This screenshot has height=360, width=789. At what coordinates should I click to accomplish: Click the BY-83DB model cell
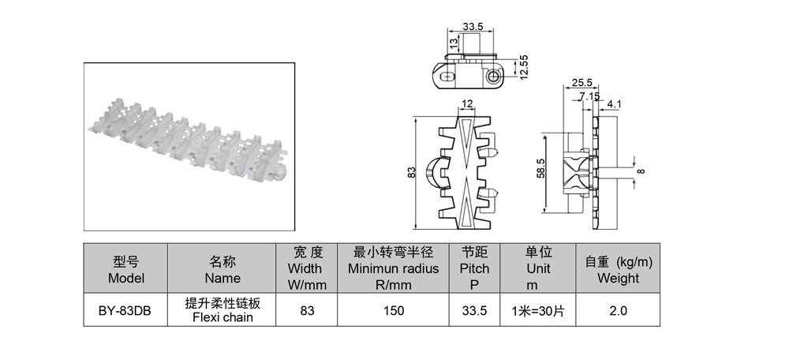[x=125, y=309]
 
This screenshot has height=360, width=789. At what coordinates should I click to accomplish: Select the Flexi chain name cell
[x=222, y=309]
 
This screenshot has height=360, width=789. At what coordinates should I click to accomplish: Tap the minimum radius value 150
[x=393, y=310]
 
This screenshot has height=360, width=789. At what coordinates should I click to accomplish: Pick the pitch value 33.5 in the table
[x=474, y=310]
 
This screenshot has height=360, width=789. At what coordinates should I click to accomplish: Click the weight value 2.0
[x=618, y=310]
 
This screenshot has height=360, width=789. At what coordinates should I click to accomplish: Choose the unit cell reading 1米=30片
[x=537, y=310]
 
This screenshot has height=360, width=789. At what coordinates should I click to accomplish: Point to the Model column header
[x=125, y=268]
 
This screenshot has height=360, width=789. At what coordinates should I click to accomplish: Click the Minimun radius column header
[x=393, y=268]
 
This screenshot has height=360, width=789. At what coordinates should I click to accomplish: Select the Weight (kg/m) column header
[x=618, y=268]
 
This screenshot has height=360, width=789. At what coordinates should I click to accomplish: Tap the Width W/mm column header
[x=306, y=268]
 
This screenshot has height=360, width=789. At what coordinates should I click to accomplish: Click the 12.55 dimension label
[x=525, y=67]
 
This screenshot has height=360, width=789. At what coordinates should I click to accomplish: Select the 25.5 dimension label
[x=581, y=83]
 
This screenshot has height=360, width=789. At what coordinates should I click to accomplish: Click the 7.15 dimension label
[x=589, y=96]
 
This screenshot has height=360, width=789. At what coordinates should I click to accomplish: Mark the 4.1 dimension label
[x=615, y=104]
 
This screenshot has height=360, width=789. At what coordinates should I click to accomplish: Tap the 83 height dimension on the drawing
[x=412, y=172]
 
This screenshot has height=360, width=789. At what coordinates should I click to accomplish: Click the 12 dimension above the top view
[x=467, y=103]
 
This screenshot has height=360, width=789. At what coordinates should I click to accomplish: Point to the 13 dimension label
[x=454, y=43]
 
